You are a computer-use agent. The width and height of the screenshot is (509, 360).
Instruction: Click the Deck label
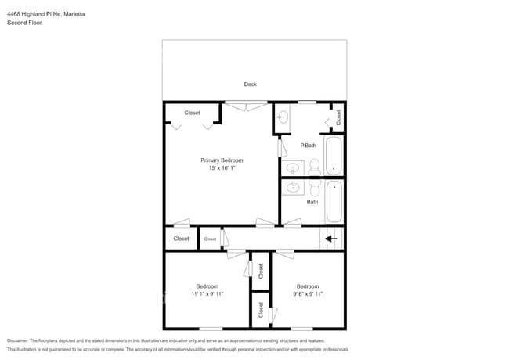250,85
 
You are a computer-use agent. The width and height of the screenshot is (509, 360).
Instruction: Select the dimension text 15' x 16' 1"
222,168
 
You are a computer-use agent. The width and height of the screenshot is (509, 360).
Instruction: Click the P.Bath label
308,146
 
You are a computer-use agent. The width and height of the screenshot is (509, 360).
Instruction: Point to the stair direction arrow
331,239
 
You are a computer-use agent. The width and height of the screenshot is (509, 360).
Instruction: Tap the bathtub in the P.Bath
334,156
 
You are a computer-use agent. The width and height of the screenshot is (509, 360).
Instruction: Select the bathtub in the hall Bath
334,201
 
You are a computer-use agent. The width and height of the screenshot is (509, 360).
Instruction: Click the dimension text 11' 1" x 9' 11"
207,294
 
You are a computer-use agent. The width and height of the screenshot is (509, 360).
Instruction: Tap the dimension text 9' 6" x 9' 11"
307,294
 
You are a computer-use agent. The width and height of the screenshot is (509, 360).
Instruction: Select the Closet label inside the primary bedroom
192,113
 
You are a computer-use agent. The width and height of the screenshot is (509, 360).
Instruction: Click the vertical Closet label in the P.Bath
338,117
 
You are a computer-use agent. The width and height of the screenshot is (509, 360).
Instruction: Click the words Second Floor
24,23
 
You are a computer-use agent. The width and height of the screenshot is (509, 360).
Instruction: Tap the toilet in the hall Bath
315,189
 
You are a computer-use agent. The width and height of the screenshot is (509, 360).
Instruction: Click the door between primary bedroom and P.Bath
281,148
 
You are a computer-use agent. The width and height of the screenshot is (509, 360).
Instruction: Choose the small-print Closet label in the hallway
210,239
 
